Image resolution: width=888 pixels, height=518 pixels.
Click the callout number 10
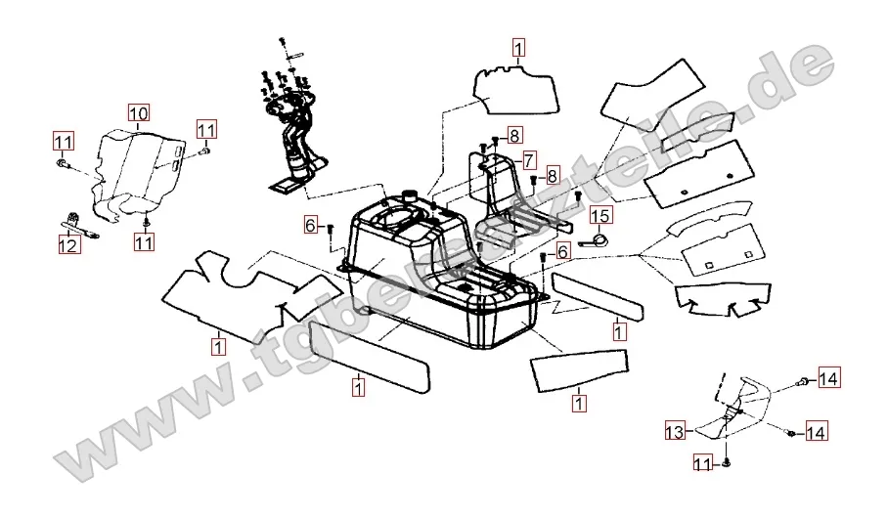[138, 111]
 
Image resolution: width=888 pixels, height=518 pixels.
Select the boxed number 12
[67, 247]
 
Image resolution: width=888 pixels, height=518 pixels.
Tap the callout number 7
[528, 158]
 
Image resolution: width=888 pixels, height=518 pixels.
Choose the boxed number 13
[674, 430]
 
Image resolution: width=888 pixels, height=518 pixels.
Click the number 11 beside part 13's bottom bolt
[703, 461]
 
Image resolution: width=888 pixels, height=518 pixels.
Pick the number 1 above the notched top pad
[517, 46]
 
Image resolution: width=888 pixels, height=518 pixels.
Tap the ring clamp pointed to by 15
[597, 237]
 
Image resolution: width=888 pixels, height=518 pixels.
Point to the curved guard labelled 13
[733, 410]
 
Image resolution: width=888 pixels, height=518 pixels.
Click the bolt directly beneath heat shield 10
[144, 212]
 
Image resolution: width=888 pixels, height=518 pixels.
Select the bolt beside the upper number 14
[801, 380]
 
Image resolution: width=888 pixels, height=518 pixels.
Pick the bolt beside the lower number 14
[789, 431]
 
